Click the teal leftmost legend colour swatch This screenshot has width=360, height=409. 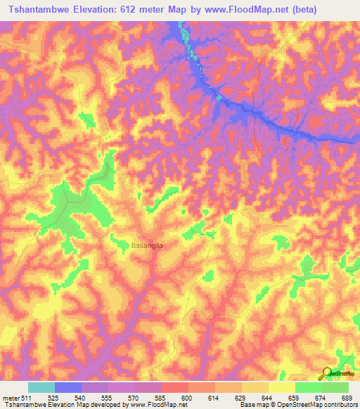coord(41,387)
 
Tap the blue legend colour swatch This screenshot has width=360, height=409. coord(68,387)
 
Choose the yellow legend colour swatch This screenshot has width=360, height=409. coord(282,387)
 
